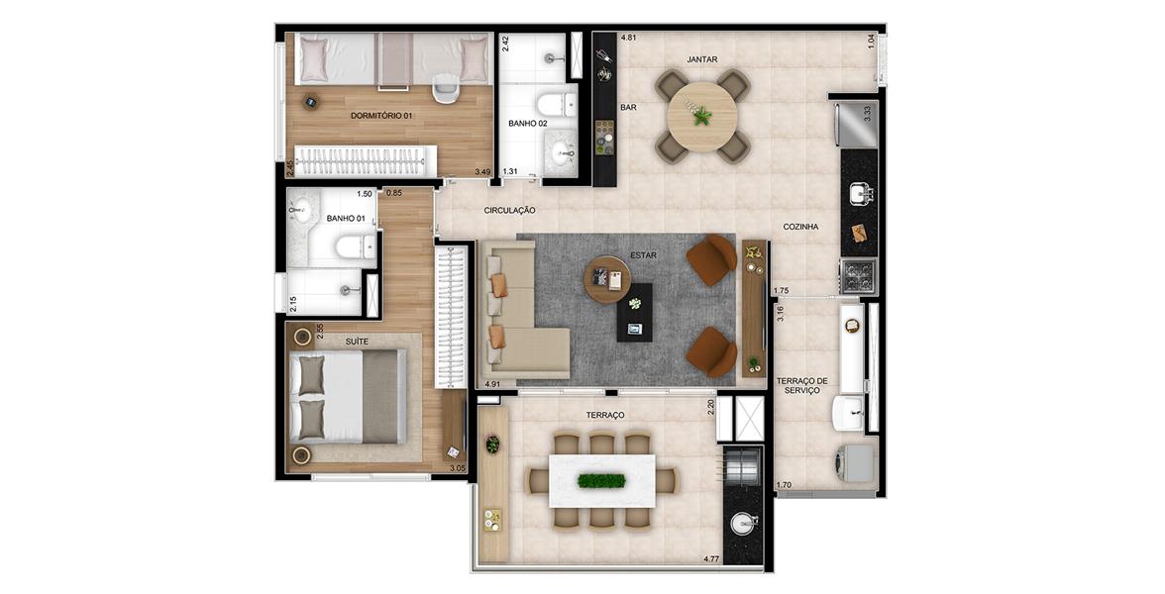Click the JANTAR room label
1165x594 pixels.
tap(702, 59)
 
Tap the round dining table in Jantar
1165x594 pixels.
tap(702, 117)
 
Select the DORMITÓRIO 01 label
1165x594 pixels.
tap(382, 116)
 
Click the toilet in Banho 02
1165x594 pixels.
tap(556, 104)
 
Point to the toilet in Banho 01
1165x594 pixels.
tap(355, 247)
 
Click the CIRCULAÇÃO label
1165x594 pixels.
tap(509, 211)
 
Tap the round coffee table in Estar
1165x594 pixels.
tap(607, 280)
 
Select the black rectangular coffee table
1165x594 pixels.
tap(634, 313)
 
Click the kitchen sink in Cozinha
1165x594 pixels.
tap(860, 193)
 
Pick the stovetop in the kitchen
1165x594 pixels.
tap(858, 276)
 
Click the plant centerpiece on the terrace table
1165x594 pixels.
tap(602, 481)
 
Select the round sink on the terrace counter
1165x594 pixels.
tap(744, 525)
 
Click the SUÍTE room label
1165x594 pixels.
tap(357, 342)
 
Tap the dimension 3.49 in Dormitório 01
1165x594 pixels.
tap(483, 172)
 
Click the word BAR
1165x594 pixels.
tap(628, 108)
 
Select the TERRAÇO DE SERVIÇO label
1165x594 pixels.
tap(802, 385)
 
